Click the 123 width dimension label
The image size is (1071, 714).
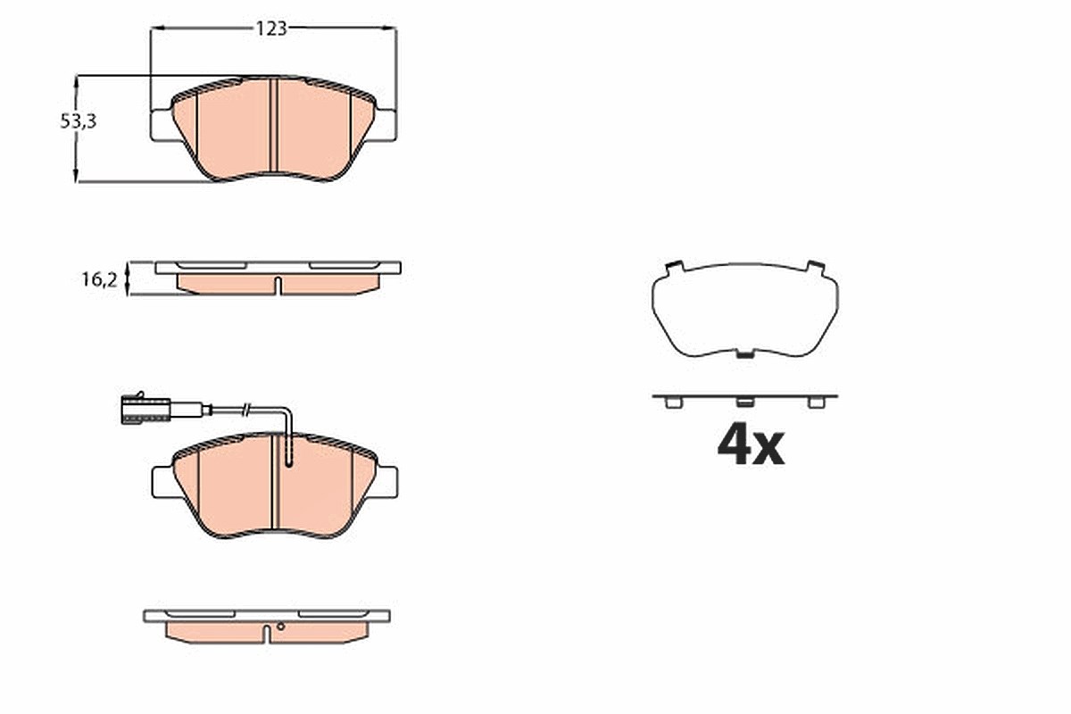pos(271,29)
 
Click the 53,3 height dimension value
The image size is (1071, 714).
pos(78,121)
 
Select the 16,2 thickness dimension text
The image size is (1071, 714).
pos(99,279)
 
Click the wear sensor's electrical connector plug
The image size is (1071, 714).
pos(145,411)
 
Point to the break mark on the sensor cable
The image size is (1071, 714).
pos(246,410)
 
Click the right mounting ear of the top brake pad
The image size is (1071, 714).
pos(386,125)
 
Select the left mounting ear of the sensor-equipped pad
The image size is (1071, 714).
pos(163,482)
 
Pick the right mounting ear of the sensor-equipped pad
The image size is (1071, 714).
pos(386,482)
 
